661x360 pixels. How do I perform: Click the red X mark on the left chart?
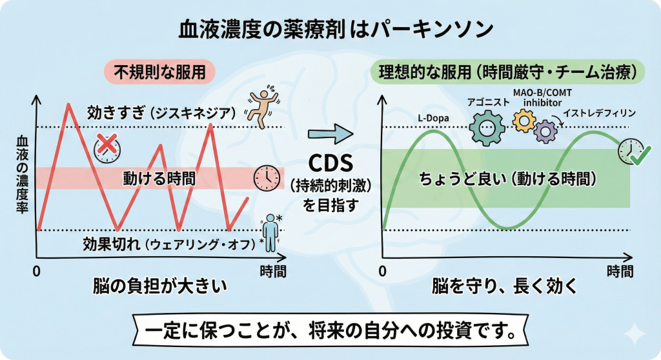[105, 143]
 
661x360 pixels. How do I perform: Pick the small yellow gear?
[523, 120]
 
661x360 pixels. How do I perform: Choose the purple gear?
[545, 131]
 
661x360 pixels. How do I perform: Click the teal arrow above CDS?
[331, 135]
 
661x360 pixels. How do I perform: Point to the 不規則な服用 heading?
[159, 71]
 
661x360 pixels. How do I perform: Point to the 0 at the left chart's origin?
[37, 272]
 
